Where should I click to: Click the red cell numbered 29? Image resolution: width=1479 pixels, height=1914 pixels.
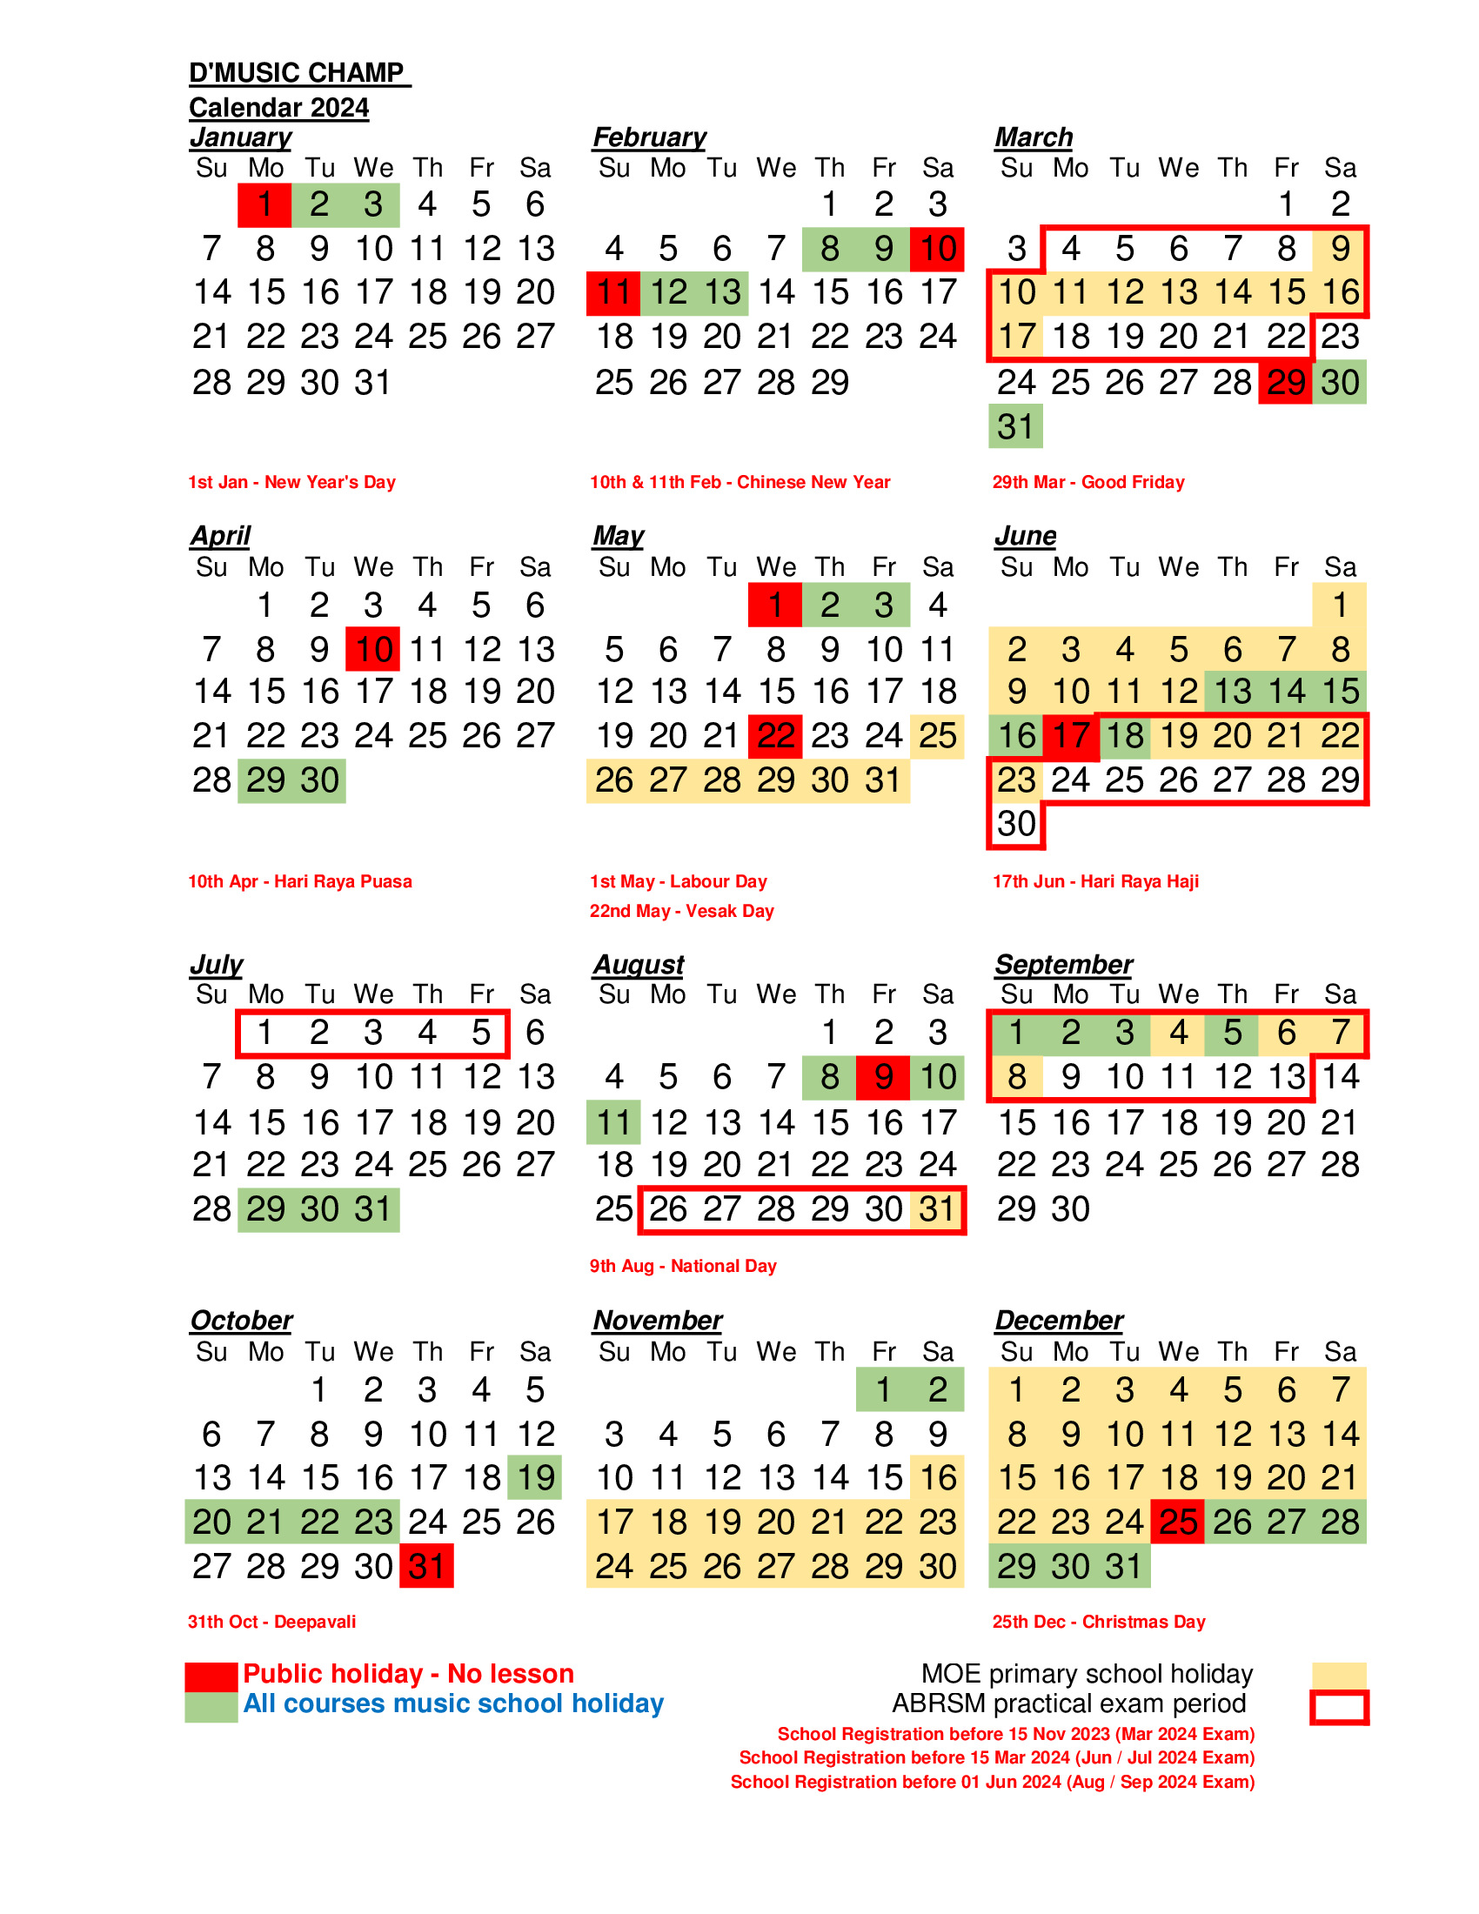pyautogui.click(x=1285, y=382)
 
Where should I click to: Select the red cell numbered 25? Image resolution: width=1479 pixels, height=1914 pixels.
pyautogui.click(x=1178, y=1522)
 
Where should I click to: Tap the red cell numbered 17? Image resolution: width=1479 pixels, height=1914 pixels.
pyautogui.click(x=1070, y=736)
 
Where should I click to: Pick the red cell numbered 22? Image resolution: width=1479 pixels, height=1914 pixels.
pyautogui.click(x=775, y=736)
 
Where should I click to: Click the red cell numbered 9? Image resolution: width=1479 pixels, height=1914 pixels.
pyautogui.click(x=883, y=1077)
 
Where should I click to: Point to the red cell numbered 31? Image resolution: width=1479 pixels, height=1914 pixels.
pyautogui.click(x=426, y=1566)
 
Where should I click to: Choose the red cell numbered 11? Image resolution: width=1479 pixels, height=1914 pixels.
pyautogui.click(x=613, y=292)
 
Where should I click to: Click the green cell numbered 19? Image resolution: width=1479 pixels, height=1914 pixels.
pyautogui.click(x=534, y=1477)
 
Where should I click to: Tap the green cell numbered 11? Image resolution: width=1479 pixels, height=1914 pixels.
pyautogui.click(x=613, y=1122)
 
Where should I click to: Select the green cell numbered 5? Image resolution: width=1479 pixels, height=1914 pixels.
pyautogui.click(x=1232, y=1033)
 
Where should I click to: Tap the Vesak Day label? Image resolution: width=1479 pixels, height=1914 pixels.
pyautogui.click(x=729, y=912)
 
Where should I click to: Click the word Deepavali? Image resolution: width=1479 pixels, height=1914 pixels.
pyautogui.click(x=316, y=1623)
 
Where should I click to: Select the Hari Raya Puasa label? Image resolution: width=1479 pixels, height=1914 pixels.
pyautogui.click(x=343, y=881)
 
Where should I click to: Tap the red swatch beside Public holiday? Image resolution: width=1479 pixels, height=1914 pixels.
pyautogui.click(x=211, y=1676)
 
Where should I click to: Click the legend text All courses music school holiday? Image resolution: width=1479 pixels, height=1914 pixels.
pyautogui.click(x=453, y=1703)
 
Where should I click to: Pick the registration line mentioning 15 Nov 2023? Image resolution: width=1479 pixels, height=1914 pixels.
pyautogui.click(x=1016, y=1734)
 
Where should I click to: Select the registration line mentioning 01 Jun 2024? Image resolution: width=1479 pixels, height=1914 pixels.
pyautogui.click(x=993, y=1782)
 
